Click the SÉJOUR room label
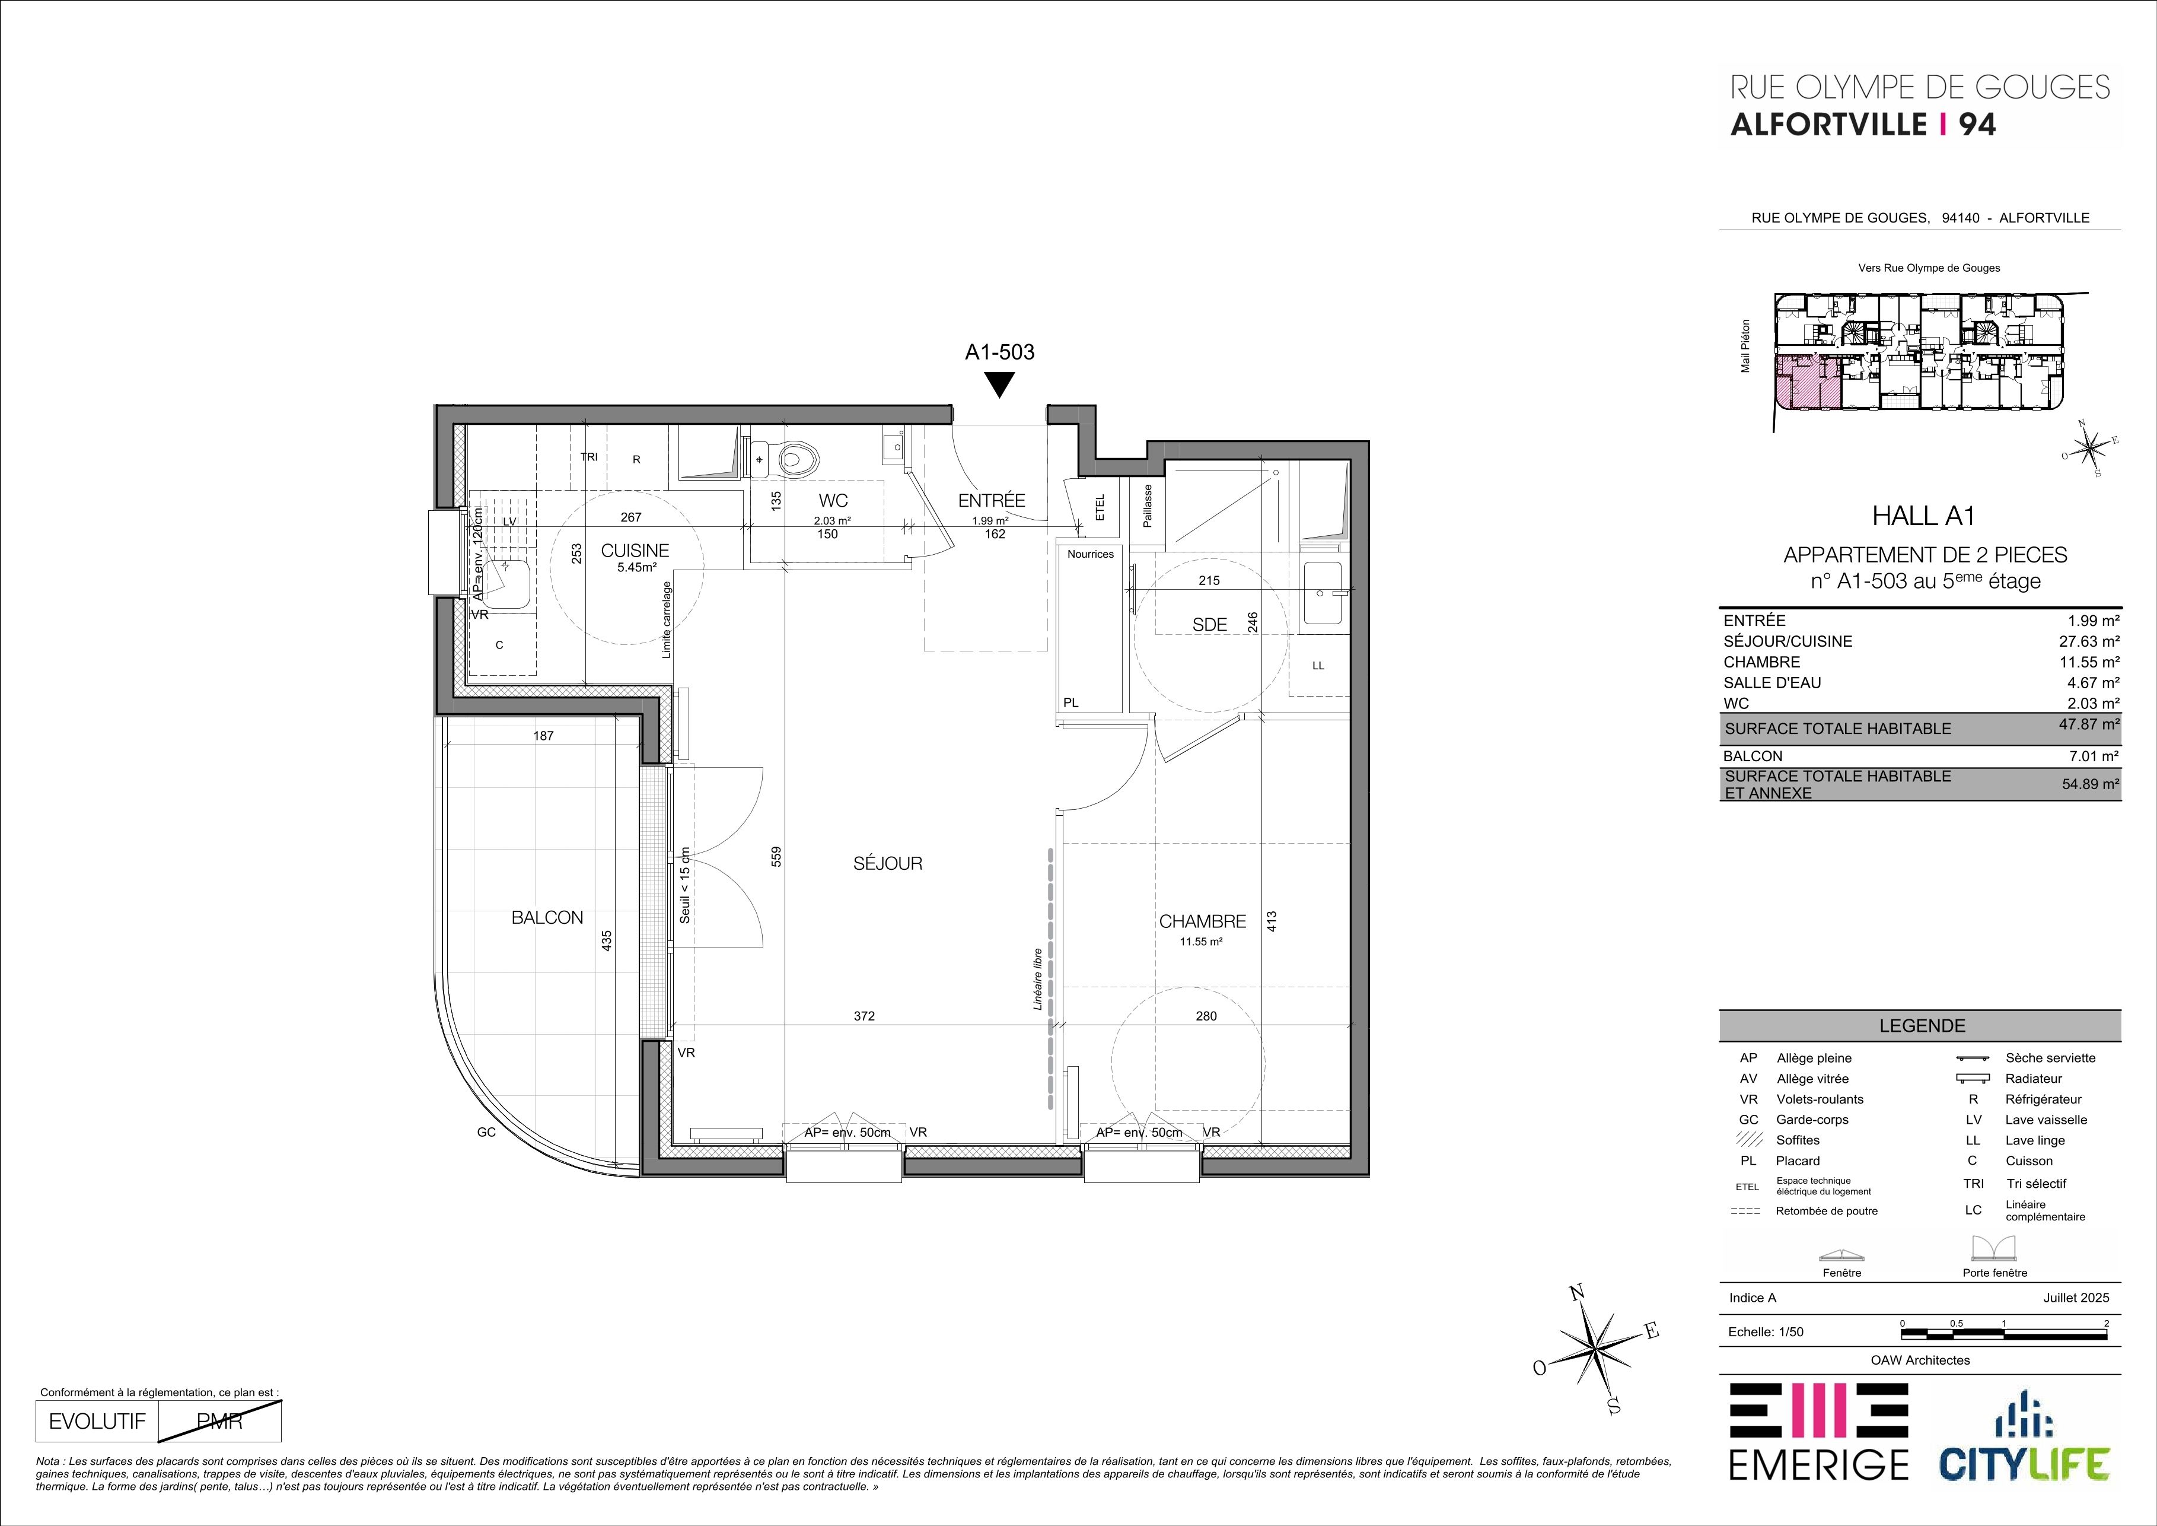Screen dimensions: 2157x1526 (x=888, y=863)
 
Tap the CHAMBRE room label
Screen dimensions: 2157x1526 (x=1203, y=922)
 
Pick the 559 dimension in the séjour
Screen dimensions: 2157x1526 (x=776, y=856)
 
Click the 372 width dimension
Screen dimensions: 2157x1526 (x=864, y=1016)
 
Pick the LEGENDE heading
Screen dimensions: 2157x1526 (x=1920, y=1026)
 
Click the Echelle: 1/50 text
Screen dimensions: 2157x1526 (x=1765, y=1331)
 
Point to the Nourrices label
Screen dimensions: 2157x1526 (x=1090, y=554)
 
